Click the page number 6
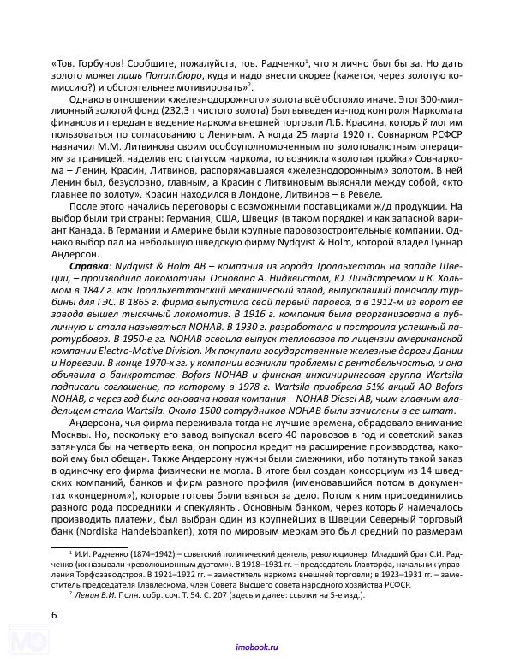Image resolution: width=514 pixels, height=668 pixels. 55,614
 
